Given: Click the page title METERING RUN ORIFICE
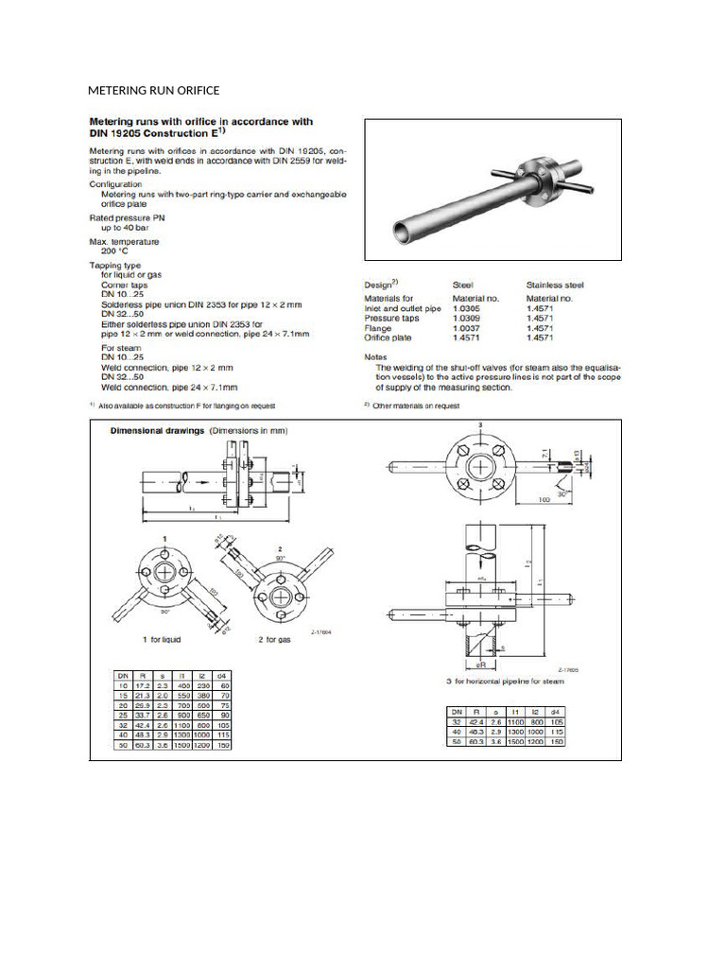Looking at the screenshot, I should click(153, 91).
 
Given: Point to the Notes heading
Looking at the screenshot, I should click(376, 356).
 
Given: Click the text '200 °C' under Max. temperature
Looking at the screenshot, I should click(116, 251).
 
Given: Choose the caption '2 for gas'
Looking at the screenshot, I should click(283, 640).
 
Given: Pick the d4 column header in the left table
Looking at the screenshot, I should click(223, 677).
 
